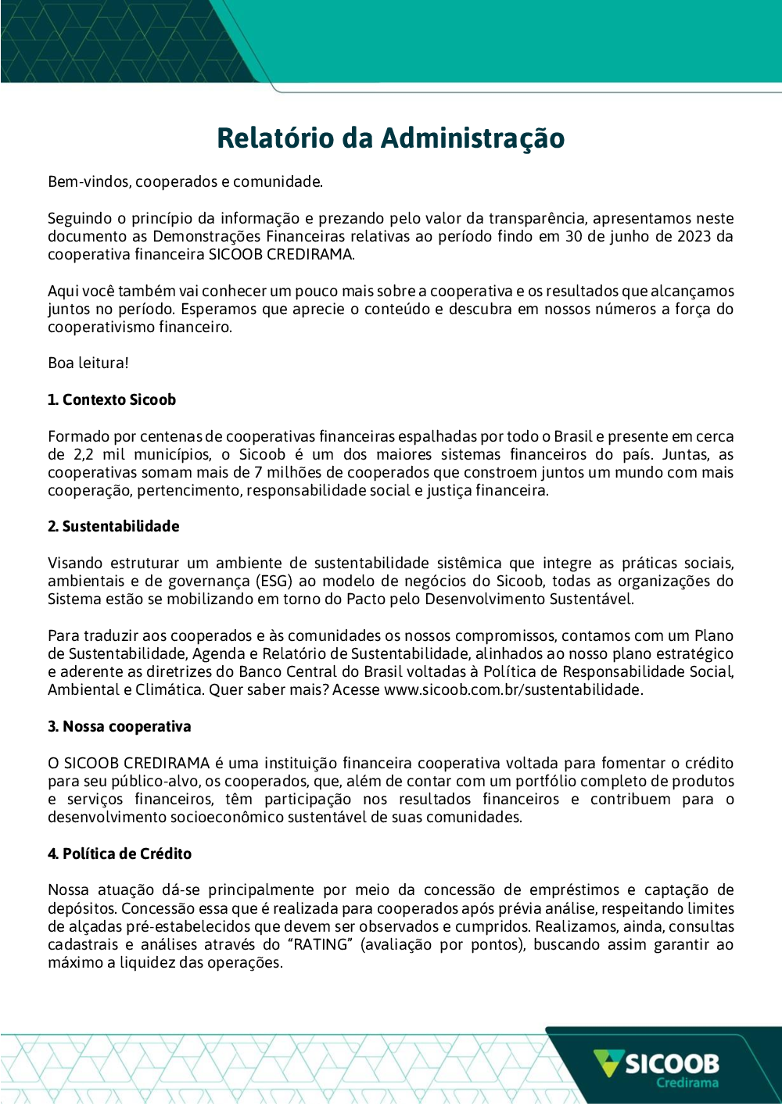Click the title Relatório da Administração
click(x=390, y=138)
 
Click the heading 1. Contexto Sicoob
click(x=112, y=400)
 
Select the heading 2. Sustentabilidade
click(x=113, y=527)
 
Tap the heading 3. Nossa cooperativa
click(x=119, y=727)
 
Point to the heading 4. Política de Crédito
click(x=119, y=854)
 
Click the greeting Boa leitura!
click(x=88, y=363)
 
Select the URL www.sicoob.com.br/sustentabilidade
click(x=512, y=690)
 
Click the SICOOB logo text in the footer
click(x=672, y=1064)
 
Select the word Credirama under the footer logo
click(x=687, y=1083)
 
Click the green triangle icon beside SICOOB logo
click(x=608, y=1063)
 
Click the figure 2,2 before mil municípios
click(x=84, y=455)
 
